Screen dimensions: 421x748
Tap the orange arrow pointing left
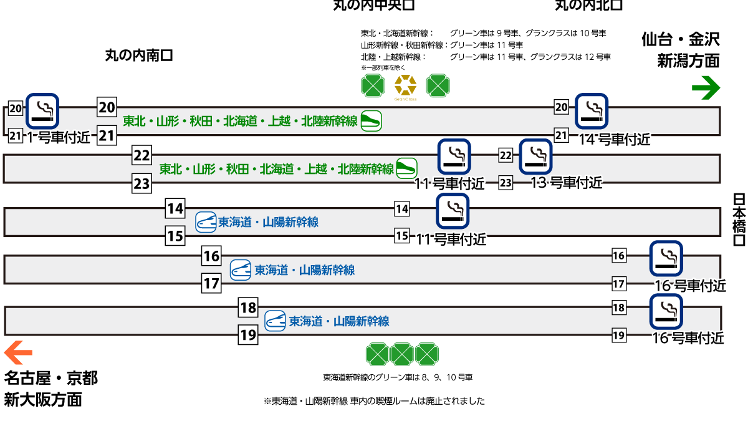18,353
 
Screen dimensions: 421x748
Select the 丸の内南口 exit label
138,56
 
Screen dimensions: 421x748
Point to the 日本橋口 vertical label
739,220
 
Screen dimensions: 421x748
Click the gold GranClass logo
405,86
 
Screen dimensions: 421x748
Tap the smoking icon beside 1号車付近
42,110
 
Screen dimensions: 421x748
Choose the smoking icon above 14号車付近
591,110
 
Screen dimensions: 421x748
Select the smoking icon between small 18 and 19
666,311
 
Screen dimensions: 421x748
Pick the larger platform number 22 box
142,155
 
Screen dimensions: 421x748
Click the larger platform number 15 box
176,236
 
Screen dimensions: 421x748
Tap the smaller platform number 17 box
618,284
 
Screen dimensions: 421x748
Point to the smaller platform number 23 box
506,183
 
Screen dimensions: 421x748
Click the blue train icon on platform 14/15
206,222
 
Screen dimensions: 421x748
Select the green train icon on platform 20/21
371,121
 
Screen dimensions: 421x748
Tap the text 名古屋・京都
51,378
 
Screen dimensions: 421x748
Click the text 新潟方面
688,61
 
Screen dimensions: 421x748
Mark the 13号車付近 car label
566,182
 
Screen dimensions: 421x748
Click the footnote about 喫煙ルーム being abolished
374,401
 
